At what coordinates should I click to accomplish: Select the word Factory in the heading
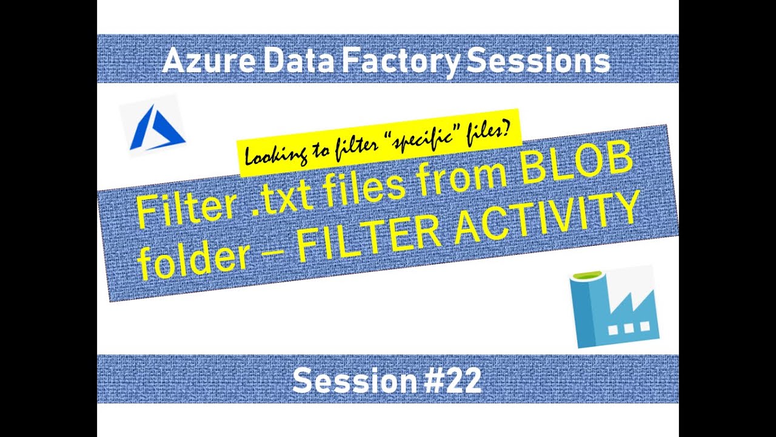[403, 61]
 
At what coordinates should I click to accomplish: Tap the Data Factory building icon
[615, 307]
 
